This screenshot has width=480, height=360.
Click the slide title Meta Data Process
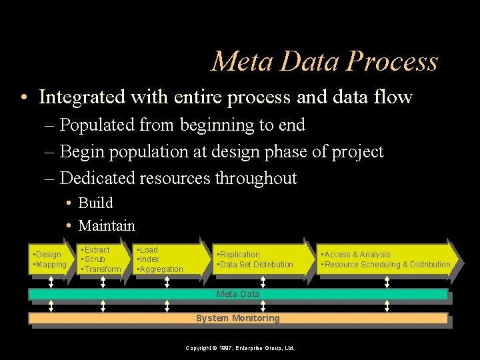[325, 61]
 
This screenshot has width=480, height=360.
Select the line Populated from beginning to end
[182, 125]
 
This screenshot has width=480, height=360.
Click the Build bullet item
[95, 203]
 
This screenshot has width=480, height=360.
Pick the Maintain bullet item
[106, 226]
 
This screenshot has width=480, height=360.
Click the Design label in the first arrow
[47, 255]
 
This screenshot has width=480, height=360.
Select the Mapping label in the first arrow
[51, 265]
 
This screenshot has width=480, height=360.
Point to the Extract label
[96, 250]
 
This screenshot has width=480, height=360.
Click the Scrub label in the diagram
[94, 259]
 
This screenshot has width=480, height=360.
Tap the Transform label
[102, 269]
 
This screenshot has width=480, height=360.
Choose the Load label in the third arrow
[148, 250]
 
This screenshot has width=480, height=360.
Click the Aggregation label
[161, 269]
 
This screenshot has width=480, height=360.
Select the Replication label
[239, 255]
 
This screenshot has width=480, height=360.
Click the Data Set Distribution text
[256, 265]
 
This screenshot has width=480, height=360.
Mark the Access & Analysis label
[357, 255]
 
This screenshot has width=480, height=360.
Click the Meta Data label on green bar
[238, 294]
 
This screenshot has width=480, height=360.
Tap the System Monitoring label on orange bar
[238, 319]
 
